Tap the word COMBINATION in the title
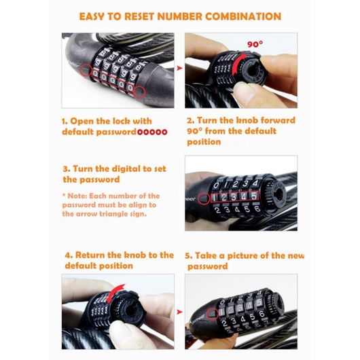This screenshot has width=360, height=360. pyautogui.click(x=243, y=16)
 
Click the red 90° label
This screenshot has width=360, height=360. pyautogui.click(x=255, y=44)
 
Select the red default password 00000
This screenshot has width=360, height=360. pyautogui.click(x=152, y=132)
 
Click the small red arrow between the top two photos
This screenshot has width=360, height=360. pyautogui.click(x=179, y=68)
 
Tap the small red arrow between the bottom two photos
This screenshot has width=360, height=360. pyautogui.click(x=179, y=312)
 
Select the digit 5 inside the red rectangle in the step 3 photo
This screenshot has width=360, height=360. pyautogui.click(x=254, y=196)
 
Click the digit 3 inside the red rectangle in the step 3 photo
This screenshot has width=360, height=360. pyautogui.click(x=234, y=197)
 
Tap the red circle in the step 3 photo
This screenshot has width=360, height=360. pyautogui.click(x=204, y=198)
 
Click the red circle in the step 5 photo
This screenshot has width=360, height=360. pyautogui.click(x=213, y=314)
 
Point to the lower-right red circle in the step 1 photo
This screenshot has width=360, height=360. pyautogui.click(x=139, y=92)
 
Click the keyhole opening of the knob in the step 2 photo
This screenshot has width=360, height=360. pyautogui.click(x=252, y=71)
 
